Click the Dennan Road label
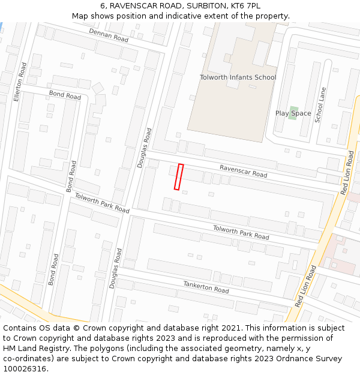109,35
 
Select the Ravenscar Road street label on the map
243,171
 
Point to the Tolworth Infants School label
238,77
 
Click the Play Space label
293,113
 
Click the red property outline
178,177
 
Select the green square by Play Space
293,113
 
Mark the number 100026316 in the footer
25,369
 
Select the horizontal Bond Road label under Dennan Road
65,95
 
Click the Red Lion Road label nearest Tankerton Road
306,286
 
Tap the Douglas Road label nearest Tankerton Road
115,268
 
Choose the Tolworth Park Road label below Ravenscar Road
241,232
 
